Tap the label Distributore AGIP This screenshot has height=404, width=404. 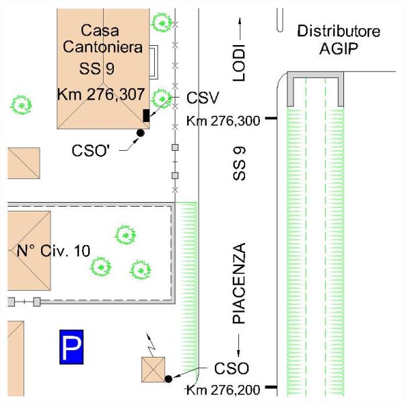338,40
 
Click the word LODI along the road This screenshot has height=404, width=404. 240,65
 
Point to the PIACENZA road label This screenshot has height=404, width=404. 238,284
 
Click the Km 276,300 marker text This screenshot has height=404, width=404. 222,121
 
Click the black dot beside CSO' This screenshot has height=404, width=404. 141,133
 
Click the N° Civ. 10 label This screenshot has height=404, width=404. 53,251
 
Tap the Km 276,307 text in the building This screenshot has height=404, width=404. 97,94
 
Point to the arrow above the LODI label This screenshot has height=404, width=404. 240,28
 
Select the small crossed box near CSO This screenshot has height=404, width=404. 152,370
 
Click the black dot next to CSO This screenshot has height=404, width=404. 168,379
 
